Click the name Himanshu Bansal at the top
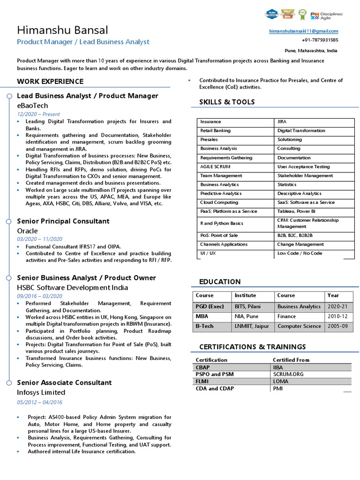tap(62, 30)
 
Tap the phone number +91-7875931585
tap(320, 40)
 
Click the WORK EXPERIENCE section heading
tap(50, 81)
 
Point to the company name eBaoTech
tap(32, 105)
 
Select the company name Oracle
tap(27, 231)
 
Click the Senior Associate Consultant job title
tap(64, 382)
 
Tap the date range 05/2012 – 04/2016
tap(39, 402)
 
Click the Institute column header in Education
tap(245, 295)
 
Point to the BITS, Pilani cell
tap(247, 306)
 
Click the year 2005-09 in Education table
tap(337, 326)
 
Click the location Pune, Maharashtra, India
tap(311, 51)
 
